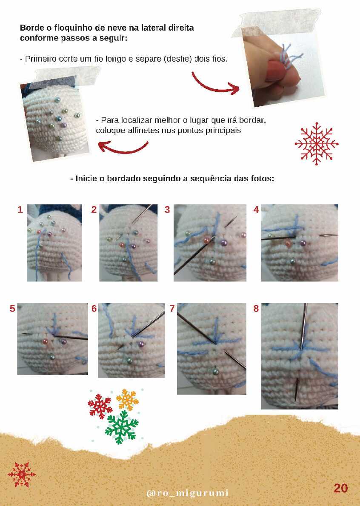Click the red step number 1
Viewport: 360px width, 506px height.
click(x=20, y=210)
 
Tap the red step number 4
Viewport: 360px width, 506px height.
click(x=256, y=210)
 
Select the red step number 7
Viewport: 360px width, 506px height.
click(x=172, y=309)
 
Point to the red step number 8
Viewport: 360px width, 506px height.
click(x=256, y=309)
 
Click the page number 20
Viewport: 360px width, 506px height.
click(x=340, y=488)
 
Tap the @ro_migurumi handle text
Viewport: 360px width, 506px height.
click(x=188, y=493)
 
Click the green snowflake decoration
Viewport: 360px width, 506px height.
click(x=122, y=427)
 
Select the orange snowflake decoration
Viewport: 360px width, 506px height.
click(x=127, y=400)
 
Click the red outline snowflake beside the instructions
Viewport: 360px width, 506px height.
click(x=317, y=144)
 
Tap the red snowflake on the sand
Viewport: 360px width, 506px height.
click(x=22, y=475)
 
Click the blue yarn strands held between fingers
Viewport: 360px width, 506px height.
click(x=291, y=56)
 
